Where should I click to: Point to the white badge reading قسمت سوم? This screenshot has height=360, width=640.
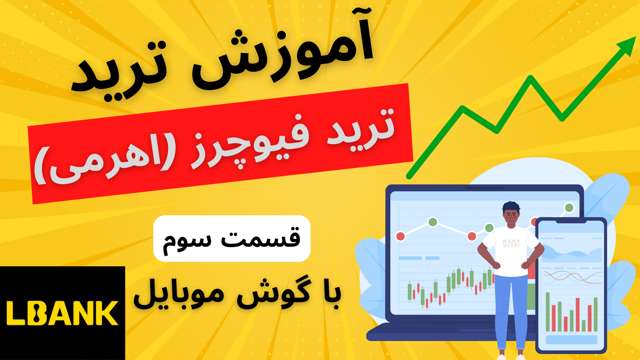point(232,238)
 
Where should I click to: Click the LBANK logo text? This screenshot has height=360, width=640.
point(63,313)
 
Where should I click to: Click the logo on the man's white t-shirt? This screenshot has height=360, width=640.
point(511,243)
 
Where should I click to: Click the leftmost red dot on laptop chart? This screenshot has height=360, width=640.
point(400,236)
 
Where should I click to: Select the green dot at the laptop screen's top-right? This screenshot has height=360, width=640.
point(569,208)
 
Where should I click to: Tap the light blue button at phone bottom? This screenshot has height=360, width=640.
point(571,340)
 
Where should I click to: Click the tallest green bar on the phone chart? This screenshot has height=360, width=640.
point(547,312)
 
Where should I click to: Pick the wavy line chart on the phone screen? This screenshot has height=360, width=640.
point(572,277)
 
